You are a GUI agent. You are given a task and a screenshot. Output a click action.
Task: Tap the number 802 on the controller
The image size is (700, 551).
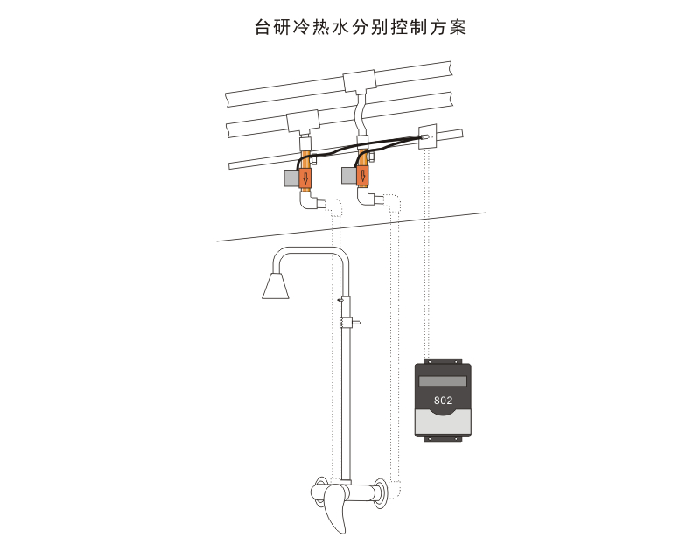[x=443, y=401]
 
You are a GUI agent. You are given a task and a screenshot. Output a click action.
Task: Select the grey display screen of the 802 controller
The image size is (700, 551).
[x=444, y=380]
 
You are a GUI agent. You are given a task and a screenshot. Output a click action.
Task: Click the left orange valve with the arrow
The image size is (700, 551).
[x=305, y=178]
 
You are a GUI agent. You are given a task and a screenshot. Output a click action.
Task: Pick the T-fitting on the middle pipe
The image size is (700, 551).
[x=303, y=123]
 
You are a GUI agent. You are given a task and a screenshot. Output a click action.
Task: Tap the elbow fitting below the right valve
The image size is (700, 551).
[x=367, y=198]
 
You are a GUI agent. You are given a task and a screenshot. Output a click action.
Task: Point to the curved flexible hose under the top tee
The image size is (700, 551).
[x=360, y=112]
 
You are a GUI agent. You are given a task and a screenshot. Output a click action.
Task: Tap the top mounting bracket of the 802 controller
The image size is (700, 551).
[x=444, y=360]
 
